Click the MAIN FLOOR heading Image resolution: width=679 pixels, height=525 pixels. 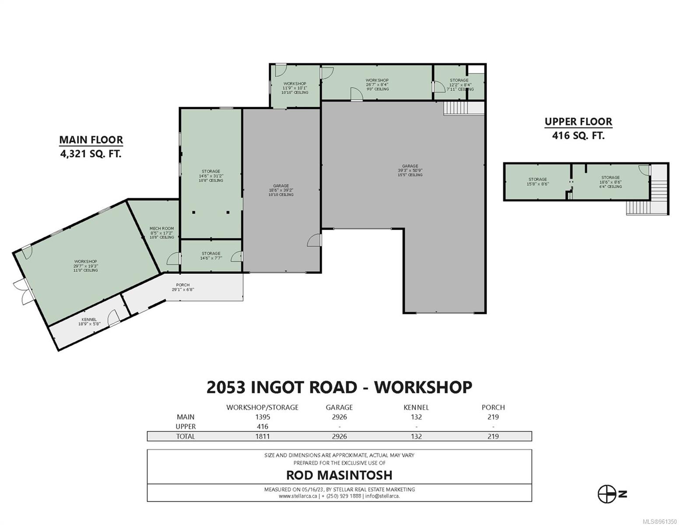[x=91, y=140]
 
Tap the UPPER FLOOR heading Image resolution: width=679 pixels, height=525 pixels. [x=578, y=122]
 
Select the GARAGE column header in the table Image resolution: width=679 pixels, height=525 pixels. [x=339, y=407]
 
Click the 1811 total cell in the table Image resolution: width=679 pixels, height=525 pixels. [x=262, y=436]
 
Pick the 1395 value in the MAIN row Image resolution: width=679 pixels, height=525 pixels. [x=262, y=417]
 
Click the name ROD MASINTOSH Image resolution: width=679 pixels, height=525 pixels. [x=339, y=475]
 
